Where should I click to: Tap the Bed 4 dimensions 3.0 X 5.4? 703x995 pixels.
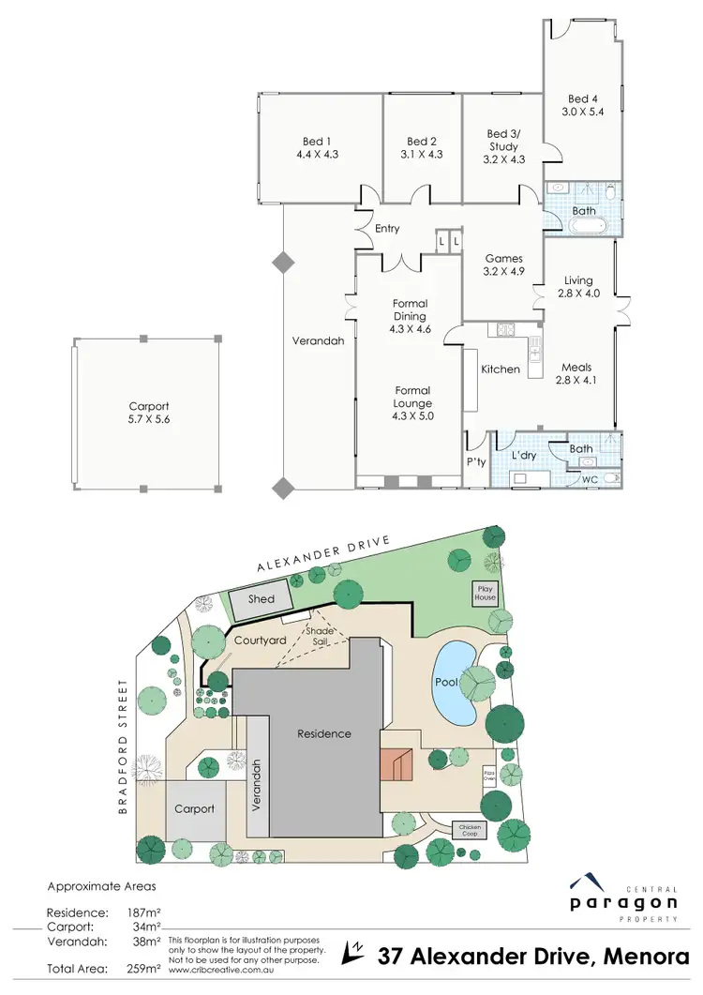point(582,112)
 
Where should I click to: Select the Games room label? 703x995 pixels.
point(503,259)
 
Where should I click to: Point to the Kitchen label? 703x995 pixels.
point(501,369)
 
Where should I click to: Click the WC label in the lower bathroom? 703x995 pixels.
point(591,480)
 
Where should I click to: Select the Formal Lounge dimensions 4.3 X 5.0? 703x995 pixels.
point(412,415)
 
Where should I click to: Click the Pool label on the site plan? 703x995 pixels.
point(445,682)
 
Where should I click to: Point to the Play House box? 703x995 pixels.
point(485,593)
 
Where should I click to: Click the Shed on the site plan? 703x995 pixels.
point(262,599)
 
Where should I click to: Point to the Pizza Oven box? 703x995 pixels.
point(488,775)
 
